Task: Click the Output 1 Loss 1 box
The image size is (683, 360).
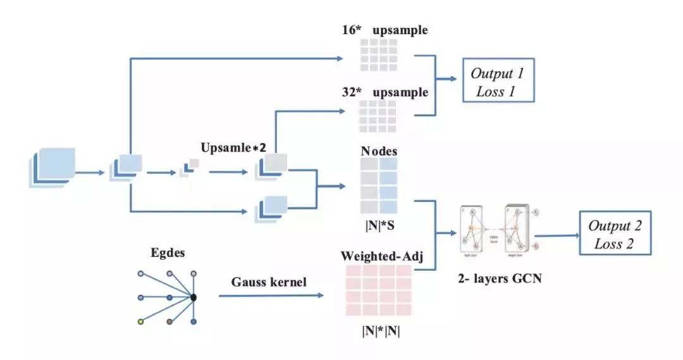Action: point(498,82)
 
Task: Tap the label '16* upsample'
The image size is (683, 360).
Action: point(386,30)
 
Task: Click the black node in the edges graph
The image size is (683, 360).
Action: point(194,297)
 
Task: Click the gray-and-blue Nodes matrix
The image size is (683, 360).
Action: point(379,185)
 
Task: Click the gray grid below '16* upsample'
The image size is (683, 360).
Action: point(379,54)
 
